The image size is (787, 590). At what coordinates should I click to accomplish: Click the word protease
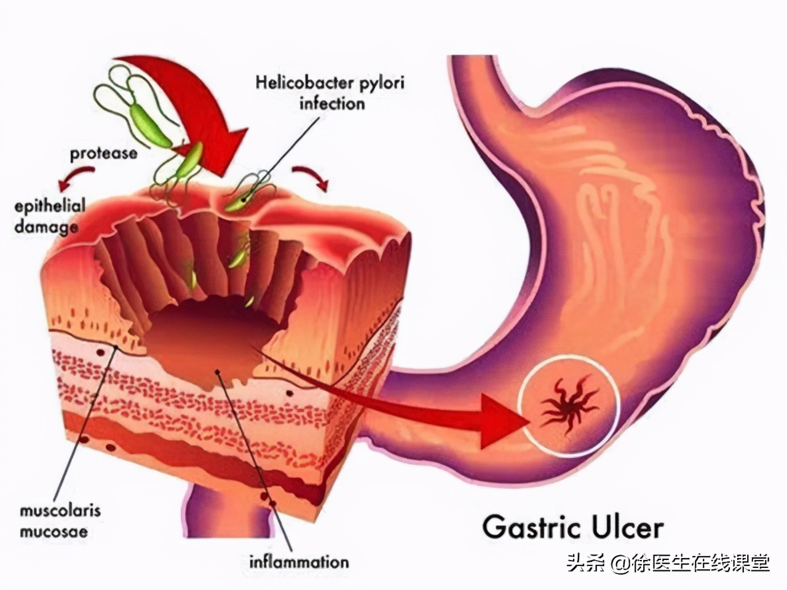tap(103, 152)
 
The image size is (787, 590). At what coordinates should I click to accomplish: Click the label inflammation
tap(299, 560)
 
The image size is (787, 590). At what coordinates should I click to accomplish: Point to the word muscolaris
tap(60, 510)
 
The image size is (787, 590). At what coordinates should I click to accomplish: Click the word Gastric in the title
tap(528, 527)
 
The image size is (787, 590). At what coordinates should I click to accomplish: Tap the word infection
tap(332, 103)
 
